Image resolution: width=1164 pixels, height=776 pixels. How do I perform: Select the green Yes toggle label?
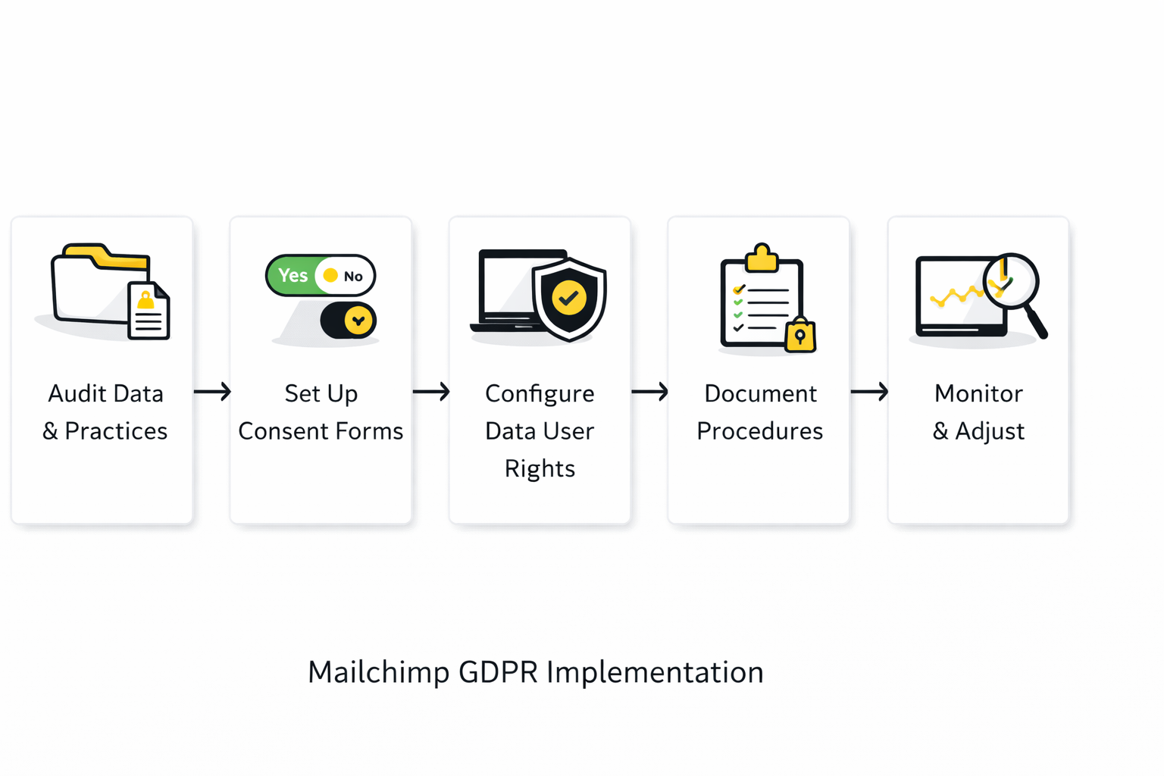tap(293, 275)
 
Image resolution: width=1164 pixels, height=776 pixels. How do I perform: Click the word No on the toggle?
tap(353, 277)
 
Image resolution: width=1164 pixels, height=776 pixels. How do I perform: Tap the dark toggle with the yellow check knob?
tap(348, 320)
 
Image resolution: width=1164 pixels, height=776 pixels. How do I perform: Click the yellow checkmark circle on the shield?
tap(569, 298)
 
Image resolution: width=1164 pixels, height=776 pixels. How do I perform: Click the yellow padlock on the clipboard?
tap(800, 335)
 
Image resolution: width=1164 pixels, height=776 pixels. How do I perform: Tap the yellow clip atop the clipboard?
tap(762, 258)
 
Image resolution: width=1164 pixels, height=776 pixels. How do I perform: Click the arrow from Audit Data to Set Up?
tap(212, 391)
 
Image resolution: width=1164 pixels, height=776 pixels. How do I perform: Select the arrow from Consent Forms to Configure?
tap(431, 391)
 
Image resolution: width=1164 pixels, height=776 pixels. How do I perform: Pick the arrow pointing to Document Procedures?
tap(649, 391)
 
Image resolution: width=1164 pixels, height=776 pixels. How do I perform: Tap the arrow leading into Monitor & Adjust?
tap(869, 391)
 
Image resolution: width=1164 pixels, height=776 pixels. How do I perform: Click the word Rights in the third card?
tap(540, 469)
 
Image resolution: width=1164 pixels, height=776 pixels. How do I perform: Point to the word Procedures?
tap(760, 431)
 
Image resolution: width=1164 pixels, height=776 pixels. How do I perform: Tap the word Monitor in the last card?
tap(978, 393)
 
